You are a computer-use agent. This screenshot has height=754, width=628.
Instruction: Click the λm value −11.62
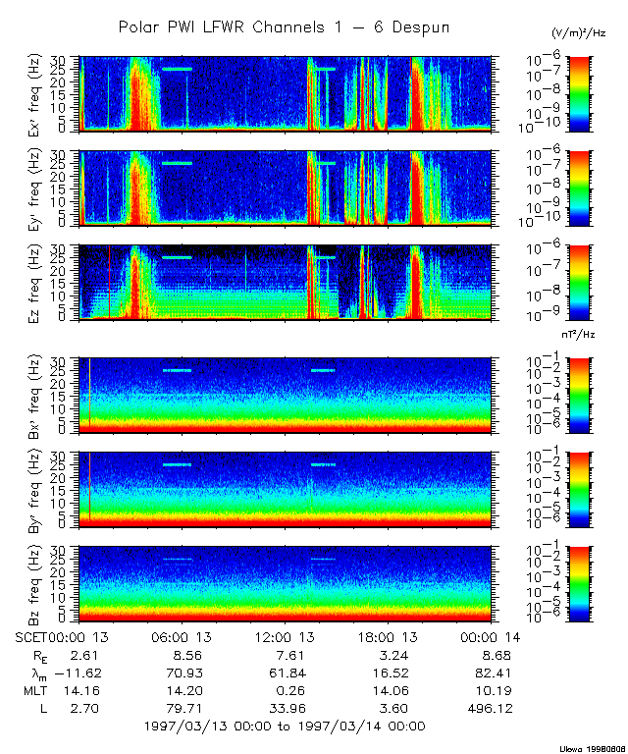click(75, 673)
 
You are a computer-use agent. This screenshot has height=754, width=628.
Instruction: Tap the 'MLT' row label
click(36, 690)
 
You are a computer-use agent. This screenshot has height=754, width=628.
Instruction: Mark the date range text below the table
click(284, 726)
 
